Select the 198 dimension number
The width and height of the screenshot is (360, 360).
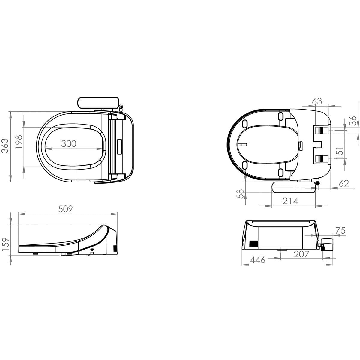tap(19, 142)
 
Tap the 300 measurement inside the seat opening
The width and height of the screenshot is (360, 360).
tap(69, 144)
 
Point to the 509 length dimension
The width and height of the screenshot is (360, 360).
tap(65, 209)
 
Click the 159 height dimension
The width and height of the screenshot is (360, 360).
tap(5, 244)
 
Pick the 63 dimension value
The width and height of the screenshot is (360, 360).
tap(317, 101)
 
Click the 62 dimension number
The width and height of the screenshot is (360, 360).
tap(344, 184)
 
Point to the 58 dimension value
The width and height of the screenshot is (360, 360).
tap(240, 194)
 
